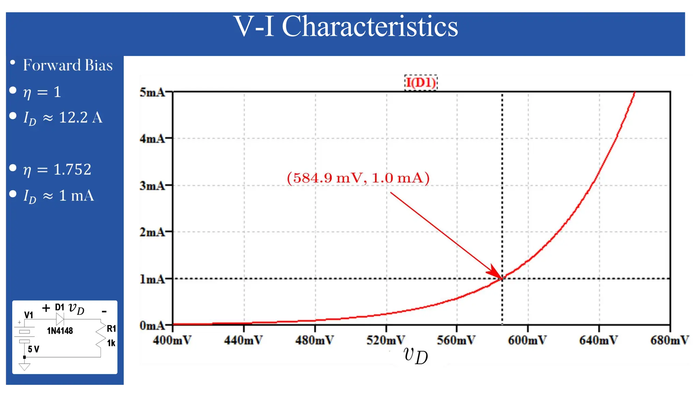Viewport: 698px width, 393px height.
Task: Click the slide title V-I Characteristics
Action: tap(346, 27)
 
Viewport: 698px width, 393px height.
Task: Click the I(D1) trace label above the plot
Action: tap(421, 83)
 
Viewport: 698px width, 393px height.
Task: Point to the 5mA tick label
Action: tap(152, 92)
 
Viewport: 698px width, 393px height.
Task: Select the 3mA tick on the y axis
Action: tap(152, 186)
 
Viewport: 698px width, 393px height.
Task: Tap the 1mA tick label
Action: tap(152, 279)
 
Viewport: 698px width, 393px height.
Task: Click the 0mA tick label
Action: tap(152, 326)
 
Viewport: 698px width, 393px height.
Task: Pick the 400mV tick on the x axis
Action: tap(172, 340)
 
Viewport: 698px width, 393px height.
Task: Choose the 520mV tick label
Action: tap(386, 340)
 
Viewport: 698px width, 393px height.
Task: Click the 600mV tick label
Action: tap(527, 340)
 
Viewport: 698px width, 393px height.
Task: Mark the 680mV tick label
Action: tap(669, 340)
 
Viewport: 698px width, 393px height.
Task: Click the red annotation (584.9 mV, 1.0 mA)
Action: tap(358, 178)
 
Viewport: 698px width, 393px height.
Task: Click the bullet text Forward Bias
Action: tap(67, 65)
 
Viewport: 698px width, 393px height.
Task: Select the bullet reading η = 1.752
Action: tap(57, 170)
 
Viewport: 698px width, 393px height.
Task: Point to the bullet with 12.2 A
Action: tap(63, 118)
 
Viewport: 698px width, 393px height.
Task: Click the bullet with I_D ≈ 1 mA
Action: tap(59, 196)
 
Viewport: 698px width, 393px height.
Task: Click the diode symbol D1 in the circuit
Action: tap(60, 319)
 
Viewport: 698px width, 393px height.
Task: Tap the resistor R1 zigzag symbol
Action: tap(101, 336)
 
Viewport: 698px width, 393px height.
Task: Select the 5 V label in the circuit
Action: tap(33, 349)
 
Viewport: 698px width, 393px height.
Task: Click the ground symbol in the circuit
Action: tap(25, 367)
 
